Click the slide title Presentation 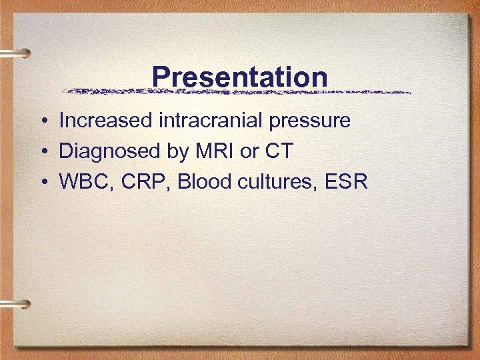pyautogui.click(x=239, y=77)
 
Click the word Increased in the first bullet pyautogui.click(x=106, y=121)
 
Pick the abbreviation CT pyautogui.click(x=279, y=151)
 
